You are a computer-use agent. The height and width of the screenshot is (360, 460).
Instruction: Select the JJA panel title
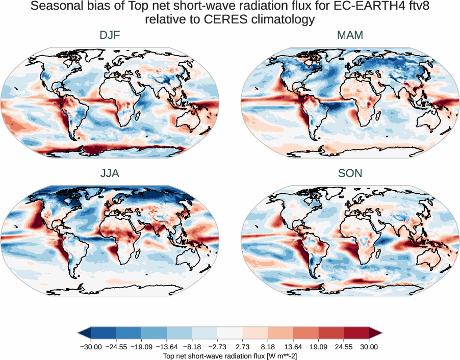click(x=110, y=173)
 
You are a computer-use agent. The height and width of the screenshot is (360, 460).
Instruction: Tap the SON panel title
click(x=350, y=173)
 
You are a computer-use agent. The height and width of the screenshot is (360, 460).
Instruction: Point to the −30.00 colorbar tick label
click(x=91, y=347)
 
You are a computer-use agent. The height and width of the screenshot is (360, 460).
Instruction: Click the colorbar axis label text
click(x=230, y=355)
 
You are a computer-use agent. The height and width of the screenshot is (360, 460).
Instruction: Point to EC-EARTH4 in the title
click(x=355, y=7)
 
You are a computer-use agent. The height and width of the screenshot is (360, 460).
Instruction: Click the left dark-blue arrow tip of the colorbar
click(x=81, y=333)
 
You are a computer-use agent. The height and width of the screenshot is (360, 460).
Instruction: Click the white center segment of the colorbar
click(x=230, y=333)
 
